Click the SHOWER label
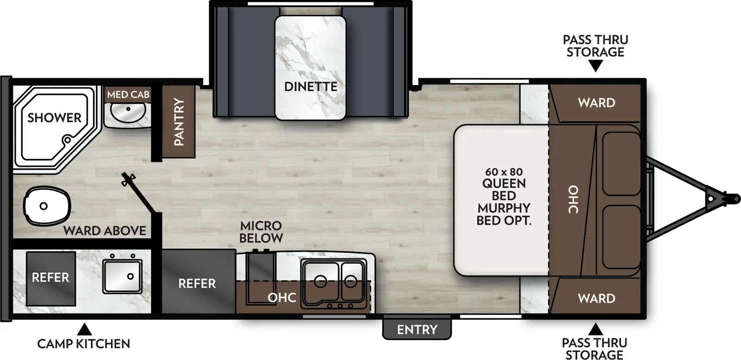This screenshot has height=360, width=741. (54, 118)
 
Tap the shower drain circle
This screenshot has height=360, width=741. (68, 139)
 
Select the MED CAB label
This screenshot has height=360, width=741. (128, 95)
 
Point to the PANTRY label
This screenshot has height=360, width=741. (179, 121)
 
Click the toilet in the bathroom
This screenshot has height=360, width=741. (46, 206)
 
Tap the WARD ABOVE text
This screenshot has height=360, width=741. (105, 230)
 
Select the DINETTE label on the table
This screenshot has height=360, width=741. (310, 87)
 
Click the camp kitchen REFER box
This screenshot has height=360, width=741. (50, 278)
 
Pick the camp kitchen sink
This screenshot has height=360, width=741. (122, 276)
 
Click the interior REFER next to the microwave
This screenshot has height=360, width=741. (197, 283)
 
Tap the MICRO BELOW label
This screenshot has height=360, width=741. (261, 232)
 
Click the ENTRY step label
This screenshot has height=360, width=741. (417, 329)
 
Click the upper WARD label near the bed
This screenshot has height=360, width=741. (596, 102)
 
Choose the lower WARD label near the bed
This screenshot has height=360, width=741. (596, 298)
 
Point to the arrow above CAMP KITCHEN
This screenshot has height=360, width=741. (84, 329)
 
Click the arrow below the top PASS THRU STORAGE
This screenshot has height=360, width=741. (596, 66)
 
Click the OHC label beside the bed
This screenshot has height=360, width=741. (573, 199)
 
